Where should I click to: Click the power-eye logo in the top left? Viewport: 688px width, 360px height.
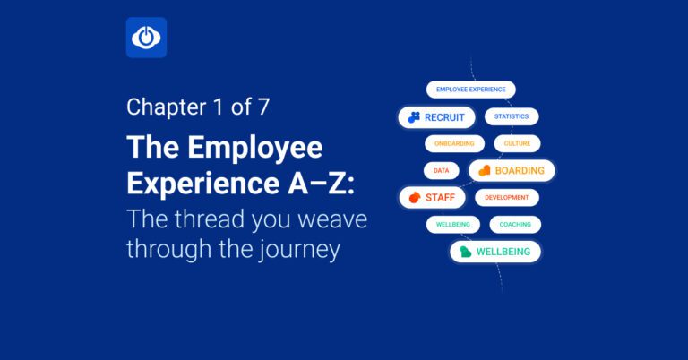(146, 38)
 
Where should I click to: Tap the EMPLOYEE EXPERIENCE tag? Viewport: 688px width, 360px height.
(470, 90)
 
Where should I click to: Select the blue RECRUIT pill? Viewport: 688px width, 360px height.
(436, 117)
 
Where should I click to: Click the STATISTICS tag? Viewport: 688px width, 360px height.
(512, 116)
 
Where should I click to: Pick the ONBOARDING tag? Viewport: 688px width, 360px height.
(454, 143)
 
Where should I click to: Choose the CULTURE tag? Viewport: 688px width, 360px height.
(517, 143)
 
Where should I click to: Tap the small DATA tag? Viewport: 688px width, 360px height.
(441, 170)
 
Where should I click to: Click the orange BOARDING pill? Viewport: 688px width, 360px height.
(512, 170)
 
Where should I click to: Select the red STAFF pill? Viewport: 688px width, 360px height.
(431, 197)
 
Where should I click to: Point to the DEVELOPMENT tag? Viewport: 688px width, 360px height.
(507, 197)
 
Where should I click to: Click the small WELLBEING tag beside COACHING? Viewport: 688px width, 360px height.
(453, 224)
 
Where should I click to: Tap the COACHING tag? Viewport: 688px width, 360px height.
(515, 224)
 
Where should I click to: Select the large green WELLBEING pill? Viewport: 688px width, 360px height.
(494, 252)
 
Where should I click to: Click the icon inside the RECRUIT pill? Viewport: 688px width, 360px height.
(414, 117)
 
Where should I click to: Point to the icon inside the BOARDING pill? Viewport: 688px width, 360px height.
(484, 170)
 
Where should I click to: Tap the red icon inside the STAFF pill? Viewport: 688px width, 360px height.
(414, 197)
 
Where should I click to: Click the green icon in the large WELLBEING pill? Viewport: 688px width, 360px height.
(465, 252)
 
